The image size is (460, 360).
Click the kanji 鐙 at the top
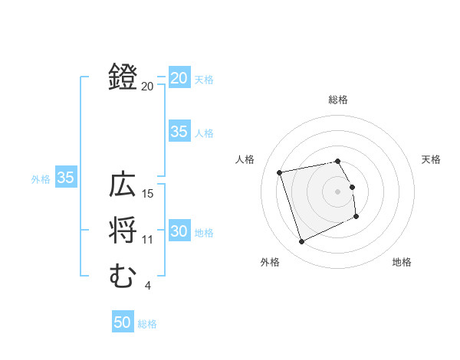pos(123,78)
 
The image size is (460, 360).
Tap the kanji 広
pos(123,186)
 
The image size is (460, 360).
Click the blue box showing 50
pos(123,322)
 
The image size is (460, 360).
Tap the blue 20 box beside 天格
pos(179,78)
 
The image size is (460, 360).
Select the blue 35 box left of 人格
pos(179,132)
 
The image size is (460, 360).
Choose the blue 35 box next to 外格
pos(66,178)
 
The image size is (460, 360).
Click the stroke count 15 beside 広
pos(149,194)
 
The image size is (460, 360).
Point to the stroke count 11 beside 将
pos(148,240)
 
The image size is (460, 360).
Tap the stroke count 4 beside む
pos(147,286)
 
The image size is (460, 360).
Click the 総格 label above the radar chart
pos(338,100)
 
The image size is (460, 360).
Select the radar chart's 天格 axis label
pos(432,159)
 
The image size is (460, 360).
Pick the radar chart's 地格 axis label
pos(402,262)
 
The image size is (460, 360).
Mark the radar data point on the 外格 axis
pos(301,242)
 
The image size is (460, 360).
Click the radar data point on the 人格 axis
pos(280,172)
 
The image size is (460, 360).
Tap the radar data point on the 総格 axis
pos(338,161)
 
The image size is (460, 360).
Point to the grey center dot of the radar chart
pos(338,191)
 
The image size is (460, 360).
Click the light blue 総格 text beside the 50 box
pos(147,323)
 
